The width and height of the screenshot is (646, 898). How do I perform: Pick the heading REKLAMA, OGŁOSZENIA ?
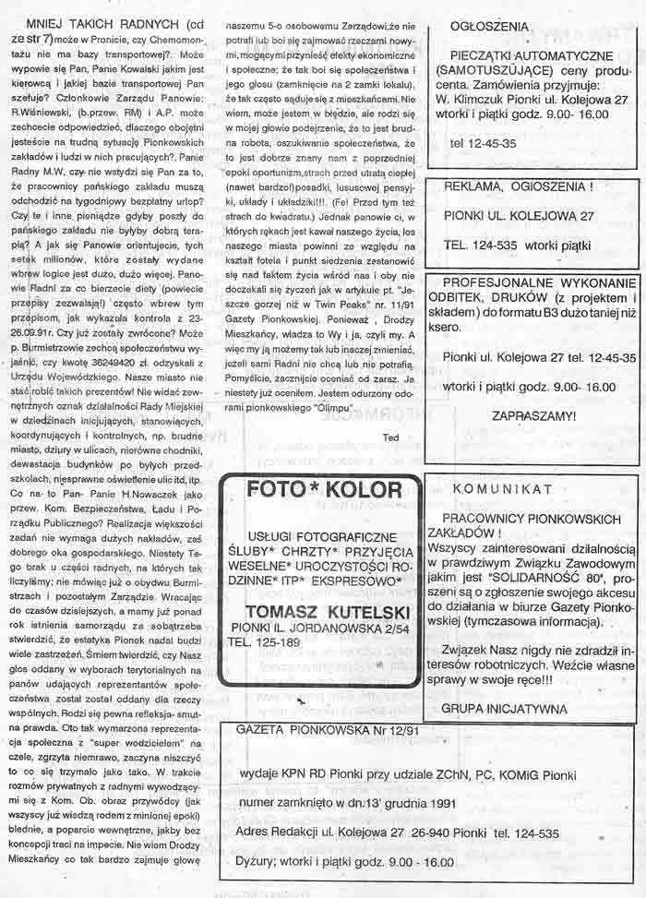[517, 186]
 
